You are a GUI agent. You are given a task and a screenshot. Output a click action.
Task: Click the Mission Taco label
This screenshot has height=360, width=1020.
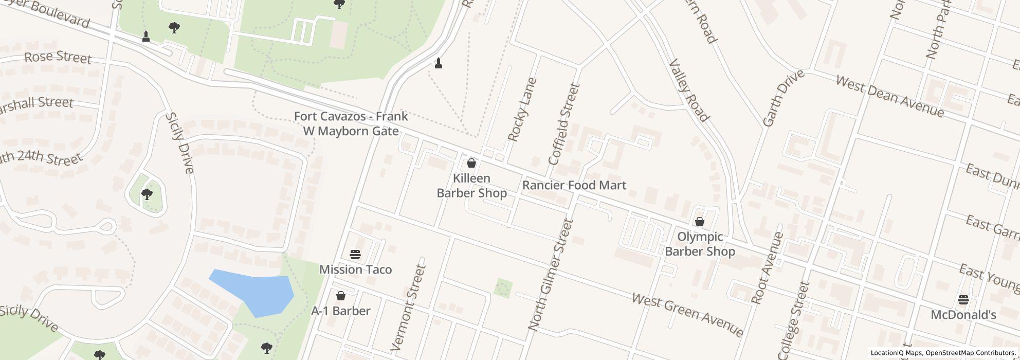355,269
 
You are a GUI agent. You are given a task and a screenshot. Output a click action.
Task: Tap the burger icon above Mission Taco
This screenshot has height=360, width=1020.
355,254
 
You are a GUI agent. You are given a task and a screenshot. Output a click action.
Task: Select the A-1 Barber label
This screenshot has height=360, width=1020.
341,311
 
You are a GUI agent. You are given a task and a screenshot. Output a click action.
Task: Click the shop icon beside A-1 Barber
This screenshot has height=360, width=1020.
340,296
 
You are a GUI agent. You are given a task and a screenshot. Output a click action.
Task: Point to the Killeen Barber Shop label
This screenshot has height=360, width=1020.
471,186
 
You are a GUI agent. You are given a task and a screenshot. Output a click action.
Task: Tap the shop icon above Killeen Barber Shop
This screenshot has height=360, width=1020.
471,164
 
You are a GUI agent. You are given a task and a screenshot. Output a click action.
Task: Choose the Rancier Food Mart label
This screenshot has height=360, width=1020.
574,185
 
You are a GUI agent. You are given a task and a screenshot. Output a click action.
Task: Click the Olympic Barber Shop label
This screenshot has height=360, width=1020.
700,244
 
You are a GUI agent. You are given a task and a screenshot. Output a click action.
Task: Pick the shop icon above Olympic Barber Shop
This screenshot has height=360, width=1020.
699,222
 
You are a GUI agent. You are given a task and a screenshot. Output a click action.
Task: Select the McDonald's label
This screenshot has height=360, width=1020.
963,315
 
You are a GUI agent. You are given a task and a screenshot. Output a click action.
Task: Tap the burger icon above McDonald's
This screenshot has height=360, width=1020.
963,299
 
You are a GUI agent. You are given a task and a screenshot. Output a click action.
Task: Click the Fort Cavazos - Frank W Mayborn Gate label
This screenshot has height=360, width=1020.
351,123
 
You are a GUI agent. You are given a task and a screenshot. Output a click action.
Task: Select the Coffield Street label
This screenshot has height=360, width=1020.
564,124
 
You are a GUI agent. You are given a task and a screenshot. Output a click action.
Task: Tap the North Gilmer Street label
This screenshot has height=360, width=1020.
550,275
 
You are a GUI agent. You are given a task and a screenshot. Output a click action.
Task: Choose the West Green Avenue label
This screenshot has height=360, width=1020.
687,315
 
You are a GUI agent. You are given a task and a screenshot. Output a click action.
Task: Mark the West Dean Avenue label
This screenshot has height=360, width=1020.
889,96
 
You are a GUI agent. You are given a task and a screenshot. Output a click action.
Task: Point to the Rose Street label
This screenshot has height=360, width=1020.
58,57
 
